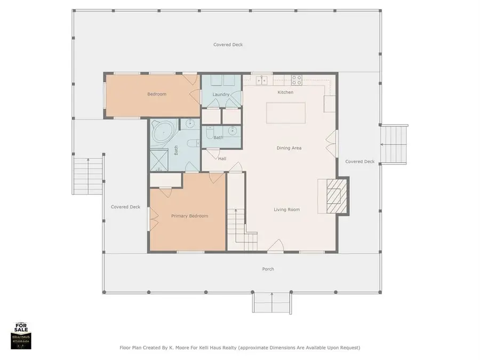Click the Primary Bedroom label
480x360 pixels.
point(189,216)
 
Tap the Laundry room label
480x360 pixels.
point(220,94)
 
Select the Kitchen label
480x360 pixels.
point(285,92)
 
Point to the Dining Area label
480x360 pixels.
point(289,148)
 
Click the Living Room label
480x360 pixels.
point(287,210)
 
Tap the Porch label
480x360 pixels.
point(268,269)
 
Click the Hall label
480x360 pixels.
point(222,158)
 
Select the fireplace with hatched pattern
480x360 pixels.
point(336,196)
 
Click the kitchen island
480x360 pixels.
point(286,113)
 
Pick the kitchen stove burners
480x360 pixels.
point(297,80)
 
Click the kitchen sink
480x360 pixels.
point(262,81)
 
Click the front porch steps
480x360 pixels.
point(272,303)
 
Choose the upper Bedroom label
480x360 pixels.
point(157,94)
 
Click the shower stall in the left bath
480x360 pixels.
point(158,161)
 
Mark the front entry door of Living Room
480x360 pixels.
point(275,246)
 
